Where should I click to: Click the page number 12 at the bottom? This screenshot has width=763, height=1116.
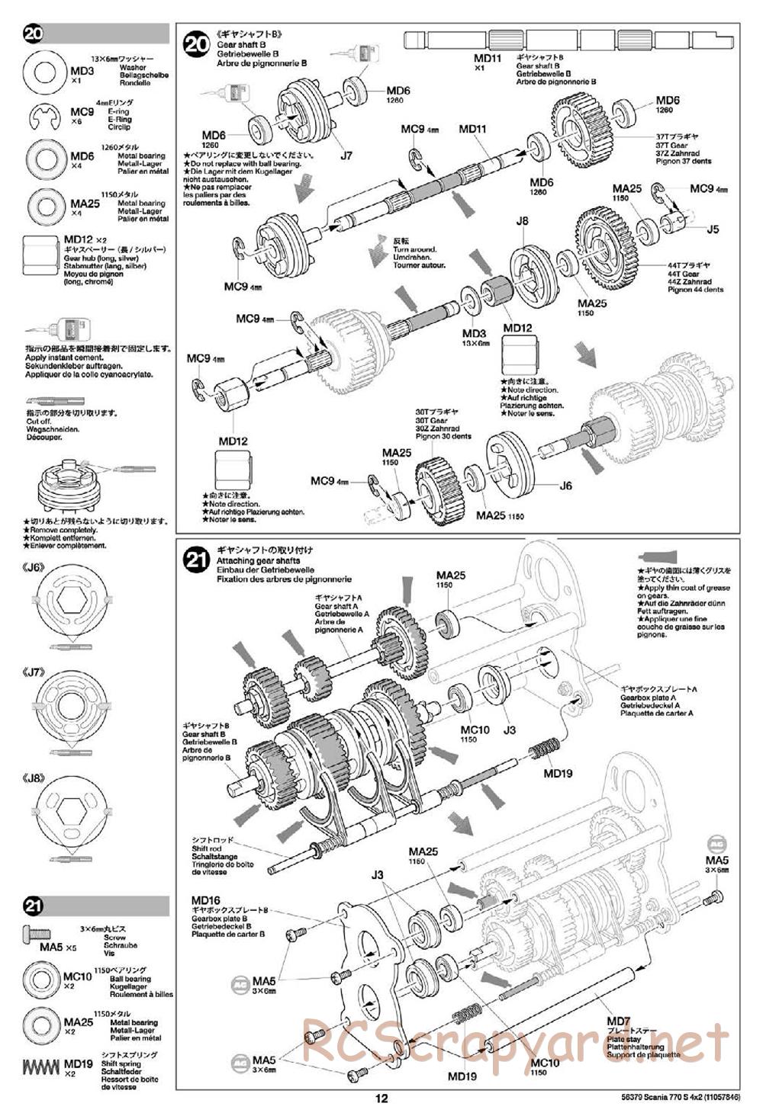coord(381,1098)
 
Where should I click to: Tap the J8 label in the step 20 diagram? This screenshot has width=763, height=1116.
coord(522,221)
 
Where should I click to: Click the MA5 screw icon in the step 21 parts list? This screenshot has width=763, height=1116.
coord(37,932)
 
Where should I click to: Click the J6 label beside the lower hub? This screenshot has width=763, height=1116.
coord(565,485)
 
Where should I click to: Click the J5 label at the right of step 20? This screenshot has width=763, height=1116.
coord(713,228)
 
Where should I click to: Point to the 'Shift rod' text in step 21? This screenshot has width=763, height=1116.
coord(206,848)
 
